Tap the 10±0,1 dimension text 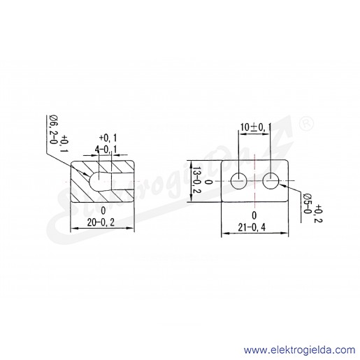pos(256,127)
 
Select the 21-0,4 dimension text pos(252,227)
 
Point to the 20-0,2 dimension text pos(101,222)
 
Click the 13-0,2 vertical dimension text pos(197,180)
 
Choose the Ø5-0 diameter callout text pos(307,204)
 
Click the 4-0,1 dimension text pos(106,149)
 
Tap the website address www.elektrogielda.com pos(299,350)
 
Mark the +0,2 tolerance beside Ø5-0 pos(317,214)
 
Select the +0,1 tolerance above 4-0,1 pos(108,138)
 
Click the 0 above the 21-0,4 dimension pos(254,215)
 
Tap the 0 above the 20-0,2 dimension pos(103,211)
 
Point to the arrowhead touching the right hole pos(282,185)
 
